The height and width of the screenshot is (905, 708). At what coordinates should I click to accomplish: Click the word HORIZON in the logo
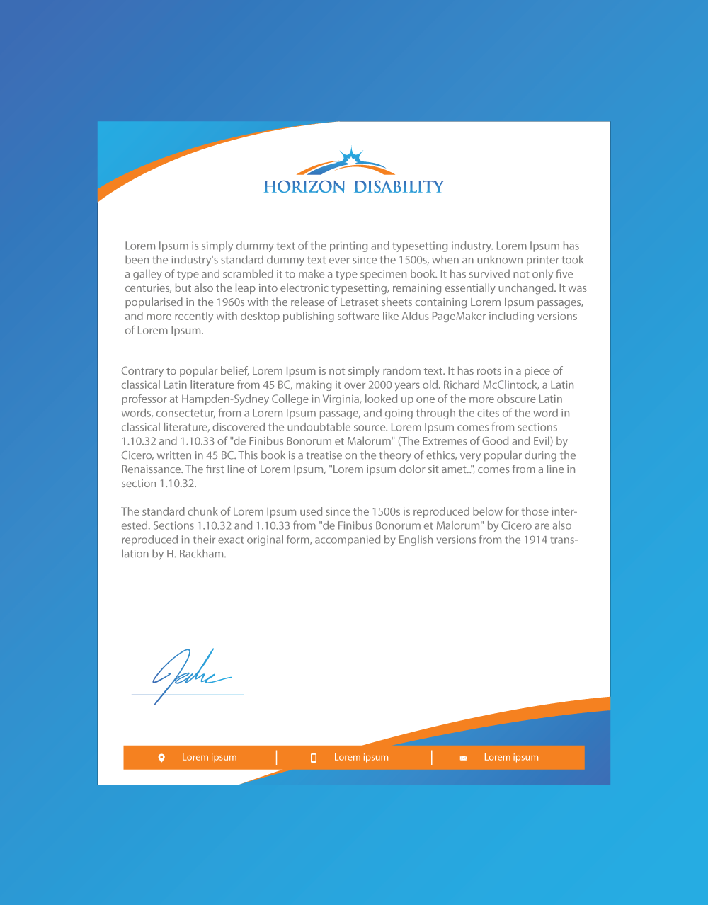click(x=304, y=187)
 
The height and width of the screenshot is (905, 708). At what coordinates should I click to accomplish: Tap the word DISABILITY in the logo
click(x=399, y=187)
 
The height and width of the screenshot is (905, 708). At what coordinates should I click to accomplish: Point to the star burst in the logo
click(x=351, y=157)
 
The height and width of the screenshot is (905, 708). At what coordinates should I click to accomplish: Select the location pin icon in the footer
click(x=161, y=758)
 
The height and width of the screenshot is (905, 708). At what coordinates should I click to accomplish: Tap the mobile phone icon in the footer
click(x=313, y=758)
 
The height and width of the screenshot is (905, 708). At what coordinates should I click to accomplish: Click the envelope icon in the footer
click(x=463, y=758)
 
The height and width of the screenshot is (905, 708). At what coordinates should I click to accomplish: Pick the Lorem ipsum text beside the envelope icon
click(x=511, y=757)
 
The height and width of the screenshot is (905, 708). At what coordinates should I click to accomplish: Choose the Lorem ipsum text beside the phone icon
click(x=361, y=757)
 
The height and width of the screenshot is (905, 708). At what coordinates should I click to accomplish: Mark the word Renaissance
click(x=152, y=469)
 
